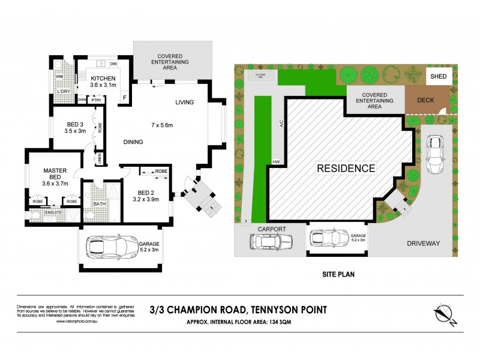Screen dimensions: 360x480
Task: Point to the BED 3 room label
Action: click(76, 126)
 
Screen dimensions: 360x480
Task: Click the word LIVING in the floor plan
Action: click(185, 103)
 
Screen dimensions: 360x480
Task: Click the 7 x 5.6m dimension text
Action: click(161, 125)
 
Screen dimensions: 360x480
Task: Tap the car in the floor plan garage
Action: click(113, 245)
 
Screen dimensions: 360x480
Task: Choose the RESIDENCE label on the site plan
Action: click(346, 169)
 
